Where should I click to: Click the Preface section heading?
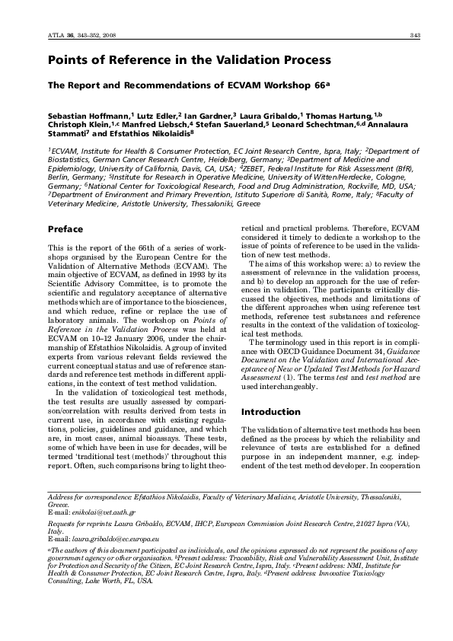pos(65,228)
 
